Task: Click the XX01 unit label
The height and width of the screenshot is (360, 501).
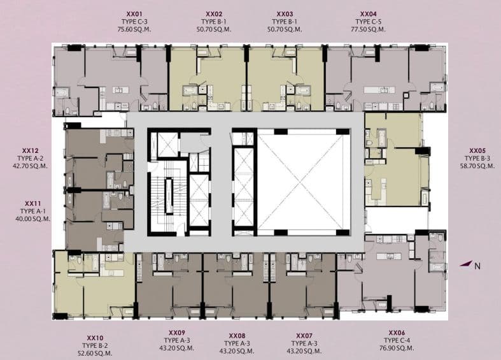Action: click(134, 14)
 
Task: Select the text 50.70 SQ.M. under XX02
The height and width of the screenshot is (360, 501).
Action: click(214, 29)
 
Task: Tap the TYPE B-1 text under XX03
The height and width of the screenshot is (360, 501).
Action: click(285, 22)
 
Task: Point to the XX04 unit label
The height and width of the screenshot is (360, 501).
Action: click(369, 14)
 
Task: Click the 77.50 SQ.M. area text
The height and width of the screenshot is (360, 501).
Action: click(368, 29)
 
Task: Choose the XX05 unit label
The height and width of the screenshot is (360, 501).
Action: click(477, 150)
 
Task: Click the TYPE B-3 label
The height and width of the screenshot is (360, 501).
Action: click(477, 158)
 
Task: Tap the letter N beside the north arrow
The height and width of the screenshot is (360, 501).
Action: click(477, 266)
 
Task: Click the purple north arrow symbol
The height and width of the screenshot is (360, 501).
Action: click(466, 264)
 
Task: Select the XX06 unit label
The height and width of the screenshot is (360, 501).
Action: click(397, 333)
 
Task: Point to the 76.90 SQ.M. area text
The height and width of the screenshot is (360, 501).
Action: click(397, 348)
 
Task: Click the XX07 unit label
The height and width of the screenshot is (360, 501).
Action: click(304, 336)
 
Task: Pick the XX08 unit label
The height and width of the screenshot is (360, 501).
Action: click(237, 336)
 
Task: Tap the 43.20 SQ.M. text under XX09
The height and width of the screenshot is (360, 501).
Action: click(177, 348)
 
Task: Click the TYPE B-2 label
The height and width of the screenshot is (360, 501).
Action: click(95, 345)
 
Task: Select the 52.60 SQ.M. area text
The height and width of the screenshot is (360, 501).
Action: click(95, 353)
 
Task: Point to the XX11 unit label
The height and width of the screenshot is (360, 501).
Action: click(33, 203)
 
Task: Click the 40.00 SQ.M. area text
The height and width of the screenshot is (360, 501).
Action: click(33, 219)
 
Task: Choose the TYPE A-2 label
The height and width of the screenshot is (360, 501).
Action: click(31, 158)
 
